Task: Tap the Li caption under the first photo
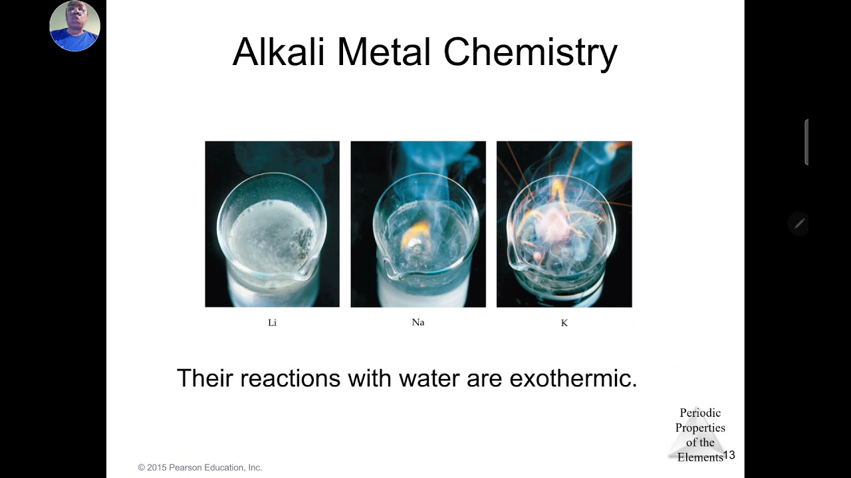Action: pos(272,323)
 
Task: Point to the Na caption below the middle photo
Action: pos(418,322)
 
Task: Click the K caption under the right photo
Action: pos(564,323)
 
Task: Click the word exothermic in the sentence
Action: pos(573,378)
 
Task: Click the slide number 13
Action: pos(729,455)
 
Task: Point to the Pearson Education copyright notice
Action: pos(200,467)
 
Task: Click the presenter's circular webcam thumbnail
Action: pos(74,27)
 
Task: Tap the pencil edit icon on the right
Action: pos(799,224)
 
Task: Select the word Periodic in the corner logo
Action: pos(700,413)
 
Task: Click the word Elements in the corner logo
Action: pos(699,457)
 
